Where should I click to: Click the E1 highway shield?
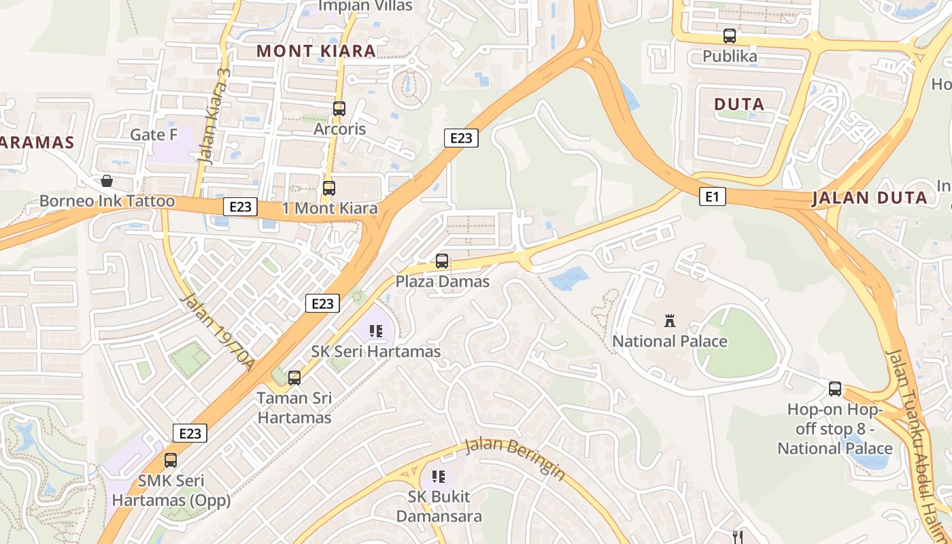pyautogui.click(x=712, y=197)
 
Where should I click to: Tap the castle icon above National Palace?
pyautogui.click(x=670, y=321)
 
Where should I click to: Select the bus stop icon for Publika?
pyautogui.click(x=730, y=36)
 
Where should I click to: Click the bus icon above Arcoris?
pyautogui.click(x=339, y=109)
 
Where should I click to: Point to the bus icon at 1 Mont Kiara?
pyautogui.click(x=329, y=188)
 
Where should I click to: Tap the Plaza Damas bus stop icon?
pyautogui.click(x=442, y=261)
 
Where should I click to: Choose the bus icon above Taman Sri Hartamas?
pyautogui.click(x=294, y=378)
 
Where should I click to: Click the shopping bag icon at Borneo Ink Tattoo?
pyautogui.click(x=107, y=181)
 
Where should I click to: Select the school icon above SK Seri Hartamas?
pyautogui.click(x=376, y=332)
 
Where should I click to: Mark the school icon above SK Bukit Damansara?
pyautogui.click(x=439, y=477)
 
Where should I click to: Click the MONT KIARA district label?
pyautogui.click(x=316, y=51)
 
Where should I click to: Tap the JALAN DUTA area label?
pyautogui.click(x=869, y=198)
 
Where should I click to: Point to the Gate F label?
pyautogui.click(x=154, y=135)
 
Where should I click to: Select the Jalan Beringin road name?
pyautogui.click(x=515, y=460)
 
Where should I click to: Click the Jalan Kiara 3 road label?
pyautogui.click(x=214, y=116)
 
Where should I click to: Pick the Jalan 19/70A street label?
pyautogui.click(x=218, y=333)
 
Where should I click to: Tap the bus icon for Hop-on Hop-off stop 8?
pyautogui.click(x=835, y=389)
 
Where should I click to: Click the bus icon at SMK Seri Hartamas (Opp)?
pyautogui.click(x=171, y=460)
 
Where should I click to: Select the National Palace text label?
pyautogui.click(x=670, y=341)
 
